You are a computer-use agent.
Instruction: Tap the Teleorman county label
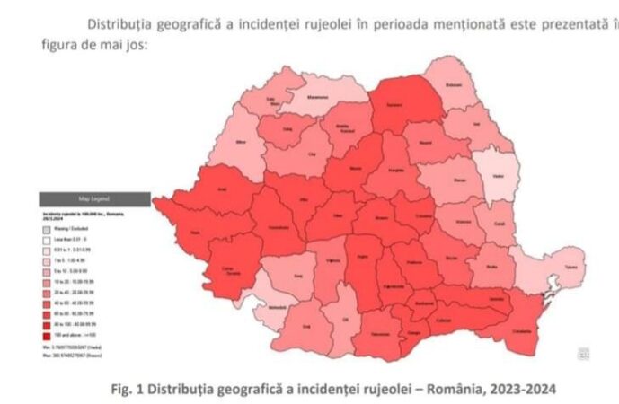pos(381,334)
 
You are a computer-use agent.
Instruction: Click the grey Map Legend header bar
pos(93,199)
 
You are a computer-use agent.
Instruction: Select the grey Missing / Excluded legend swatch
pos(46,229)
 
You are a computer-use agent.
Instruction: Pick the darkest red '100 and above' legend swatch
pos(46,334)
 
